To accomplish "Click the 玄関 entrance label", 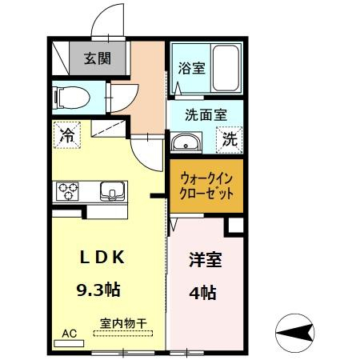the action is pyautogui.click(x=98, y=58).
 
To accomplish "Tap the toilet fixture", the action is pyautogui.click(x=71, y=98).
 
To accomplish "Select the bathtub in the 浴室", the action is pyautogui.click(x=226, y=69).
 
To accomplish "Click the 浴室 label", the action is pyautogui.click(x=191, y=68).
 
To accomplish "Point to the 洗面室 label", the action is pyautogui.click(x=206, y=115).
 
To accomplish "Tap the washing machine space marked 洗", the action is pyautogui.click(x=230, y=140).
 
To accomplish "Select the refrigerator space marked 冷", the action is pyautogui.click(x=67, y=135).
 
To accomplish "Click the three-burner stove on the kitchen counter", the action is pyautogui.click(x=68, y=191).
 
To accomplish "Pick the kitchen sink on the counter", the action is pyautogui.click(x=112, y=191).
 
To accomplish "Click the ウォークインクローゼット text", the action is pyautogui.click(x=206, y=186).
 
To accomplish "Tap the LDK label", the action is pyautogui.click(x=102, y=258).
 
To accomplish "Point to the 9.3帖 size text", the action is pyautogui.click(x=98, y=290).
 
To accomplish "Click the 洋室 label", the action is pyautogui.click(x=206, y=259).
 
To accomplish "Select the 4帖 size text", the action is pyautogui.click(x=202, y=293).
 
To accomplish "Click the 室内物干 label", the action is pyautogui.click(x=123, y=324).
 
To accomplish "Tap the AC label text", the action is pyautogui.click(x=70, y=334).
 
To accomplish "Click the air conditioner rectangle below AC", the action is pyautogui.click(x=69, y=343).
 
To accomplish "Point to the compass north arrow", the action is pyautogui.click(x=294, y=333).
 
